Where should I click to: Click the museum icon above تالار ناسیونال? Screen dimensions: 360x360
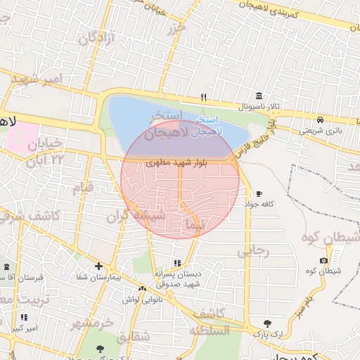(259, 96)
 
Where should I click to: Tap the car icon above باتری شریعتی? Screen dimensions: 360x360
(320, 120)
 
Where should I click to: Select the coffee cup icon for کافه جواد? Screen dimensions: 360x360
(259, 193)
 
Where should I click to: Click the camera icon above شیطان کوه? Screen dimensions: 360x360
(323, 261)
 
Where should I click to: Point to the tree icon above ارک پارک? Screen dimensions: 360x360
(267, 323)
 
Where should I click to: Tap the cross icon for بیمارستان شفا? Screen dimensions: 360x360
(98, 266)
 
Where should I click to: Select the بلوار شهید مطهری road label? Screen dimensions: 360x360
(176, 162)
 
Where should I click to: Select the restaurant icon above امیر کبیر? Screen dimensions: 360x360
(25, 318)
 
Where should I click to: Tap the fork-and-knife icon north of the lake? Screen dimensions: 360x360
(204, 98)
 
